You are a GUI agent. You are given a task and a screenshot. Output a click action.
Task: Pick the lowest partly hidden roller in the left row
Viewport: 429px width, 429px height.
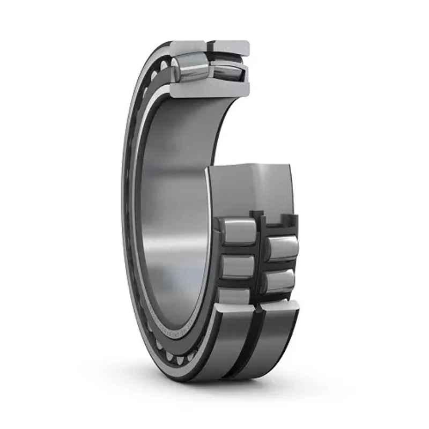click(234, 295)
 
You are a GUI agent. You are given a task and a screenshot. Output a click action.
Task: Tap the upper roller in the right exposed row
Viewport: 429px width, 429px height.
click(279, 248)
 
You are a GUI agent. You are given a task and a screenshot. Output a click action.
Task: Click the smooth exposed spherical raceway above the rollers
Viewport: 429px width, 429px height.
click(252, 188)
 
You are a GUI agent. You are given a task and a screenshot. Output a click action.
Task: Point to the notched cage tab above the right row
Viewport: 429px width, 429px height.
click(273, 219)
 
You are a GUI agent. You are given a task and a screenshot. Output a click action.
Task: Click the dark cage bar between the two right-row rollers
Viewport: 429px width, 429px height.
click(279, 264)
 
